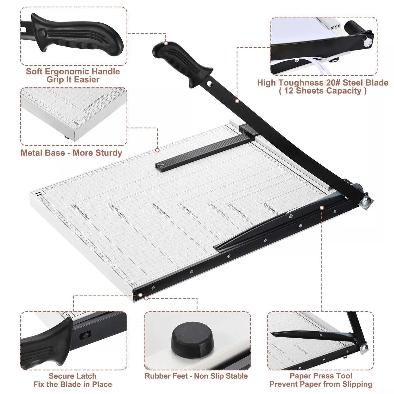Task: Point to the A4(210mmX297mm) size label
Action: (162, 210)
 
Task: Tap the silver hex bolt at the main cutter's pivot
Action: (366, 202)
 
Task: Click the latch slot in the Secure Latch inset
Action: (85, 335)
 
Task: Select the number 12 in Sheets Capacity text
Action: (289, 91)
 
